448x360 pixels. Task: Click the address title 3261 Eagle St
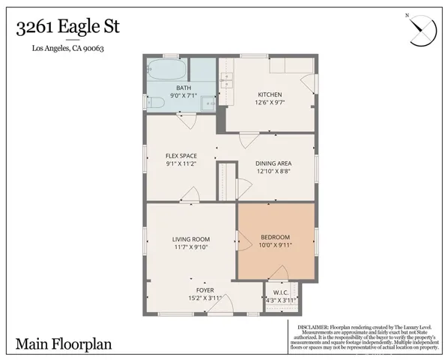click(x=68, y=28)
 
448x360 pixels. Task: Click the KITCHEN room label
click(x=270, y=94)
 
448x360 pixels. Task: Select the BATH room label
click(x=184, y=88)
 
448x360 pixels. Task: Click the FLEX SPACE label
click(x=181, y=155)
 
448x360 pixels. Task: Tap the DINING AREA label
click(x=273, y=163)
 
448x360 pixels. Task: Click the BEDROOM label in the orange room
click(x=275, y=237)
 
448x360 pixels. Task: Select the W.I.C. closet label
click(x=281, y=292)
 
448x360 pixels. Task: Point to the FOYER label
click(x=205, y=289)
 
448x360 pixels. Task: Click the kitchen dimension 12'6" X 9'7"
click(x=270, y=103)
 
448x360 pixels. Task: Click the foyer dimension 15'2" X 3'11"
click(x=205, y=298)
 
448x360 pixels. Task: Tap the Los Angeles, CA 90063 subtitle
click(x=68, y=49)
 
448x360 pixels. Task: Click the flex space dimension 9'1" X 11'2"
click(x=181, y=163)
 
